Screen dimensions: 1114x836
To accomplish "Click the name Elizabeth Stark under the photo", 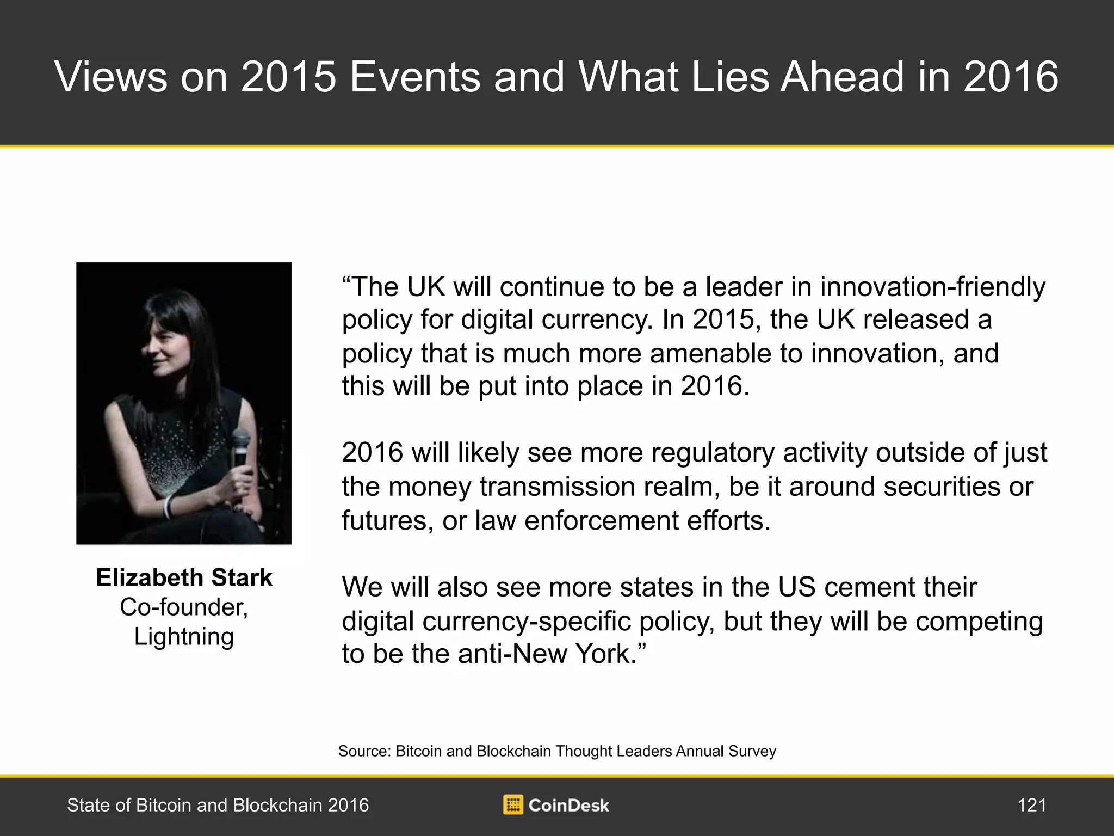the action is pyautogui.click(x=184, y=577).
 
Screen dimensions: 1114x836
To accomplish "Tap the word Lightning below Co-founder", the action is pyautogui.click(x=184, y=637).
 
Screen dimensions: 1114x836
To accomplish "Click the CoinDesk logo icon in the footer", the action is pyautogui.click(x=513, y=804).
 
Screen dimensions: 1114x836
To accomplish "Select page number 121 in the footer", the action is pyautogui.click(x=1032, y=805).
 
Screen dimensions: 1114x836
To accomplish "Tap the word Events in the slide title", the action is pyautogui.click(x=414, y=77).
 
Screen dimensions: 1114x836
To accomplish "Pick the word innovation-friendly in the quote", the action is pyautogui.click(x=933, y=287).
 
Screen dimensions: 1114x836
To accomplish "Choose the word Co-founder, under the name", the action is pyautogui.click(x=184, y=607).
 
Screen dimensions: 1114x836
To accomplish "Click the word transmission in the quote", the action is pyautogui.click(x=563, y=487).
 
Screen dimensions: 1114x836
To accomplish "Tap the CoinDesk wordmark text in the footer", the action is pyautogui.click(x=568, y=805).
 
